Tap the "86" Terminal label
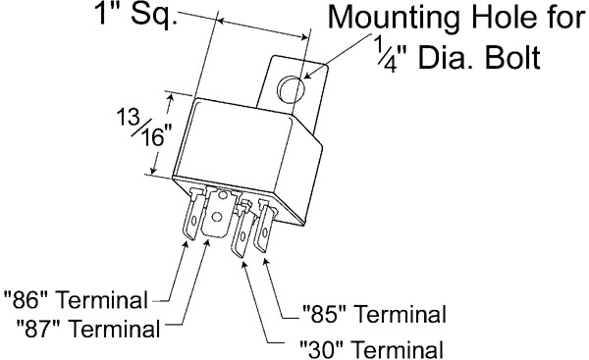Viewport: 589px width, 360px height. coord(76,300)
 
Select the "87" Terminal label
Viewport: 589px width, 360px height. coord(88,329)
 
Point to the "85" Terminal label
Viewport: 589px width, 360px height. coord(374,314)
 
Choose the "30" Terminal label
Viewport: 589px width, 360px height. coord(371,349)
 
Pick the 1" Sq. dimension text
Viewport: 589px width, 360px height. coord(136,14)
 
